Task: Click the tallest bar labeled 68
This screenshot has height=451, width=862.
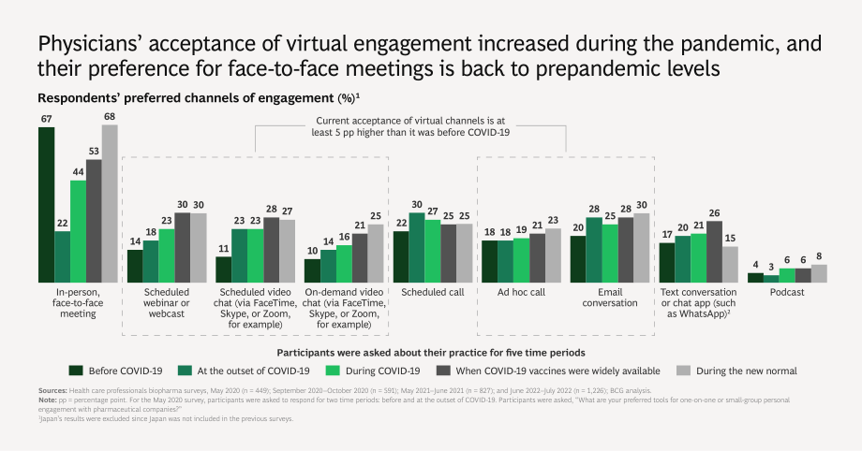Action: point(110,204)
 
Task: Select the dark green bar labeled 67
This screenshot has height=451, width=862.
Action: point(46,205)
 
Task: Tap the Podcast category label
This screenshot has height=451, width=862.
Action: point(787,292)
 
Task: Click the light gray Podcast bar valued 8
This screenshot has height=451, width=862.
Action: point(819,273)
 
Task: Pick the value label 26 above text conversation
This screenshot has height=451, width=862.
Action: point(714,213)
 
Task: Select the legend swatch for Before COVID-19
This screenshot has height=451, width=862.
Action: point(76,371)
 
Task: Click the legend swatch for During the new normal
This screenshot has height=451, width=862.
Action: point(683,371)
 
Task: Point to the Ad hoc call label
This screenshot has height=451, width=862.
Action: point(521,292)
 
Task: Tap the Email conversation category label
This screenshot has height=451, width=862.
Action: point(610,298)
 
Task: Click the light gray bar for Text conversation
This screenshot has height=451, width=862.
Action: point(730,265)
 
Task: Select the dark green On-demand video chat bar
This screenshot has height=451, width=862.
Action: point(312,270)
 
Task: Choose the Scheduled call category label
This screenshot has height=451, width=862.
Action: point(433,292)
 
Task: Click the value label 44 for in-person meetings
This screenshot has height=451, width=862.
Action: point(78,172)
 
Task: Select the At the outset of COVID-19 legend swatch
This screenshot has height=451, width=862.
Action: point(185,371)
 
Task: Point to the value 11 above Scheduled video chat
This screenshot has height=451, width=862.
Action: point(223,248)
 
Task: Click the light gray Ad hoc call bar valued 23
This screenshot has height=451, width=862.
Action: point(553,256)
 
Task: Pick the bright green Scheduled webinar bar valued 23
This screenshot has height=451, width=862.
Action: point(167,256)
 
